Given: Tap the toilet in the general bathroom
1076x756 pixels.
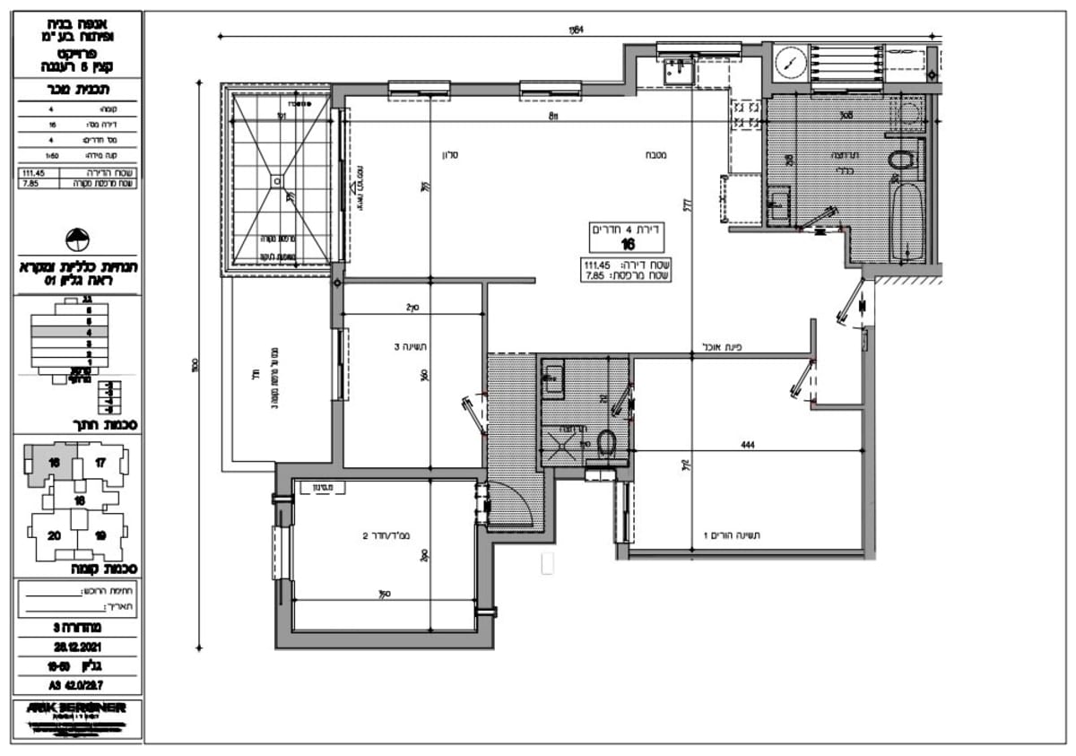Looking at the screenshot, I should (x=900, y=161).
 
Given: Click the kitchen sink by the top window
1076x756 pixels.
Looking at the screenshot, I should (x=675, y=70).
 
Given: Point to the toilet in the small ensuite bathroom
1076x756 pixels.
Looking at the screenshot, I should (x=606, y=441).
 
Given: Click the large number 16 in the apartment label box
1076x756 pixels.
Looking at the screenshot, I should (x=628, y=245).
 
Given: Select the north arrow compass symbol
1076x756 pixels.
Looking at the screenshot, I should (x=78, y=239).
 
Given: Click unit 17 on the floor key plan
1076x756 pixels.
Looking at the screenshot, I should (x=100, y=464).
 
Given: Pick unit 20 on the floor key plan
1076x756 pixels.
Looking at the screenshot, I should (x=54, y=535).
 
